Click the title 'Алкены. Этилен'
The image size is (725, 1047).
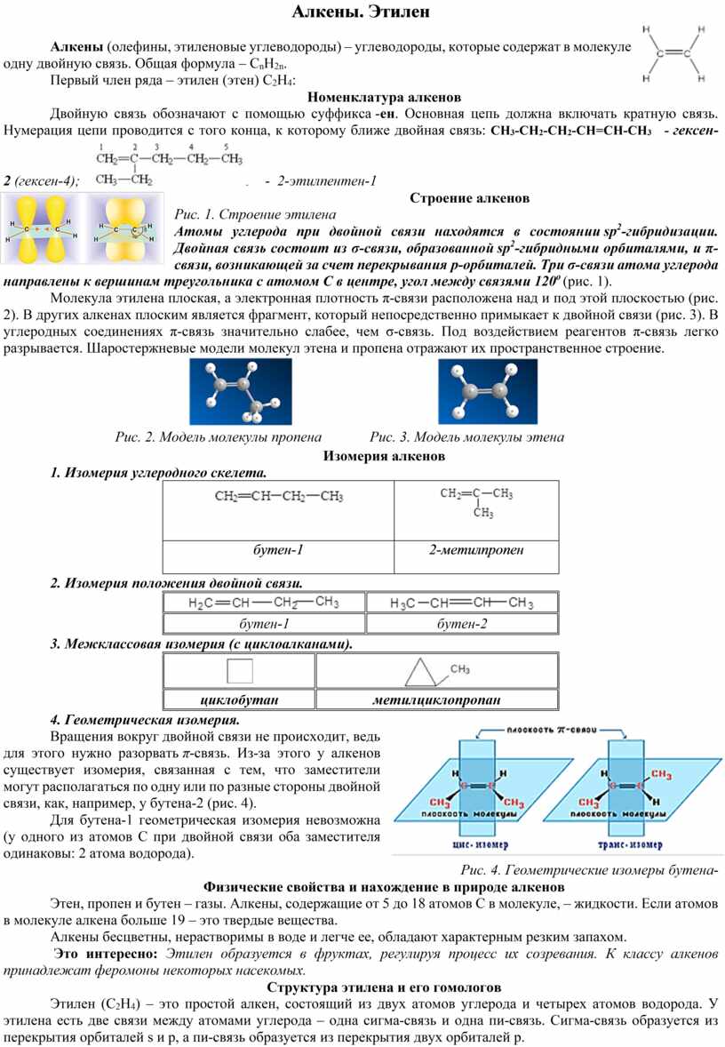[362, 12]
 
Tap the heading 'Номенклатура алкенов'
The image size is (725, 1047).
[384, 97]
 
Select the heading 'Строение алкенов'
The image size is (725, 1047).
[470, 197]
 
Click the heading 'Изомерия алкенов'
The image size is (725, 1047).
[384, 456]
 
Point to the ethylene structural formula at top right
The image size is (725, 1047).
[675, 53]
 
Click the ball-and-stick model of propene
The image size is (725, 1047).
[235, 392]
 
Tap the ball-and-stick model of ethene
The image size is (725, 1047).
[487, 392]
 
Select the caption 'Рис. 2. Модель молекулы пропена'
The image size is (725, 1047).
[219, 437]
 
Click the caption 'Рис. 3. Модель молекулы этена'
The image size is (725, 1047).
[466, 437]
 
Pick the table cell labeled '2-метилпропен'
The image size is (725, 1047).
[476, 550]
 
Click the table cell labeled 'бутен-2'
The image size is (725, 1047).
[462, 624]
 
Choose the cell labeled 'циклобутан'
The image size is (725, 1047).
[241, 699]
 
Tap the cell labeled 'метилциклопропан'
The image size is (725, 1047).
[436, 699]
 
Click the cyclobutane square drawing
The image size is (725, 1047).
[241, 672]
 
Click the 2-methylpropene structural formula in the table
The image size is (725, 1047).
[477, 501]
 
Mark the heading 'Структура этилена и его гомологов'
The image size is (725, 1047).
[383, 987]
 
